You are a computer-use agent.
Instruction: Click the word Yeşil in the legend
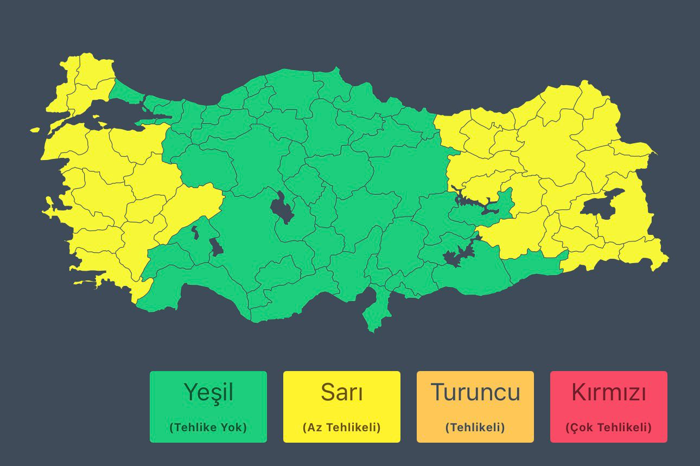click(x=208, y=392)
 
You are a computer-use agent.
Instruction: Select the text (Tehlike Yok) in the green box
click(x=208, y=427)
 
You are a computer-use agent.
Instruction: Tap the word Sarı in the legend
click(x=341, y=392)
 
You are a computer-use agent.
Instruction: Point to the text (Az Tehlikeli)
click(x=341, y=427)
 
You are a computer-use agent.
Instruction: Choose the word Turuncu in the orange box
click(x=475, y=392)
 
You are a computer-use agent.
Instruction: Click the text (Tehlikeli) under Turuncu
click(x=475, y=427)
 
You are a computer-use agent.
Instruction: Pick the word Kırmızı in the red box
click(x=608, y=392)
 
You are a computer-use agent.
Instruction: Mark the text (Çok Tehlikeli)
click(x=608, y=427)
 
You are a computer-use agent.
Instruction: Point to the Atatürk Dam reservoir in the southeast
click(x=456, y=256)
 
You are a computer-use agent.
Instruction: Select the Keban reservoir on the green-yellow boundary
click(x=478, y=203)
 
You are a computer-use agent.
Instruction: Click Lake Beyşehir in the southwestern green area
click(x=216, y=247)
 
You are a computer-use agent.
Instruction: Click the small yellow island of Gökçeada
click(x=35, y=130)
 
